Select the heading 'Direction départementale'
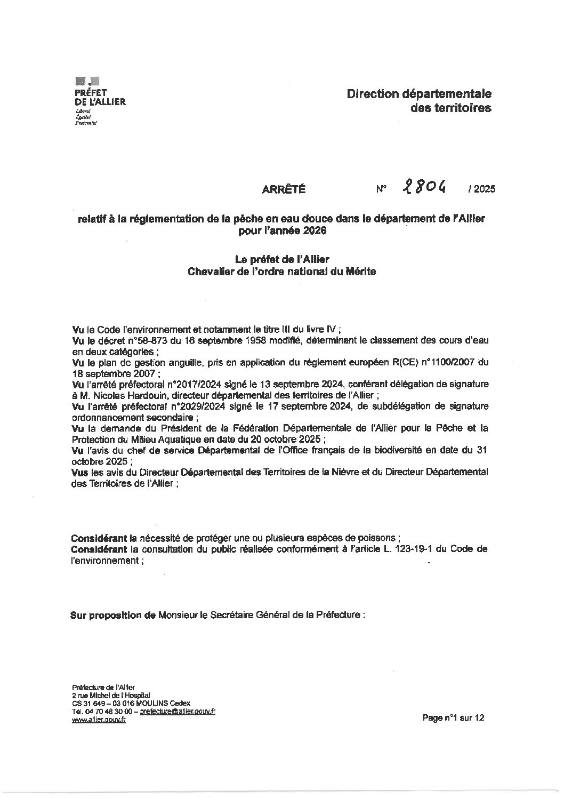(419, 94)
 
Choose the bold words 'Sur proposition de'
(112, 615)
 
